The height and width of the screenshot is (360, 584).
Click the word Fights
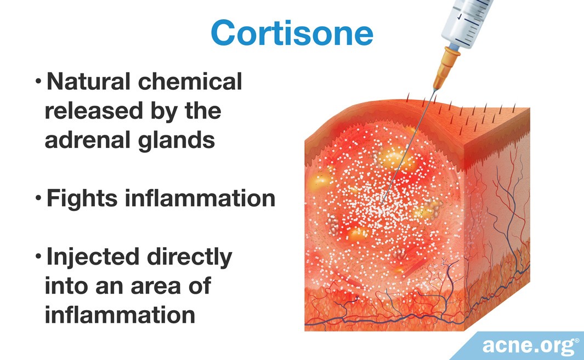click(x=81, y=198)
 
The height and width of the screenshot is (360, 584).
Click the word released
click(x=88, y=111)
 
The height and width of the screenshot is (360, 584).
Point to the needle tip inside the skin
click(x=385, y=198)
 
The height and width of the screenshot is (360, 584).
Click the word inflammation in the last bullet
click(x=120, y=316)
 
